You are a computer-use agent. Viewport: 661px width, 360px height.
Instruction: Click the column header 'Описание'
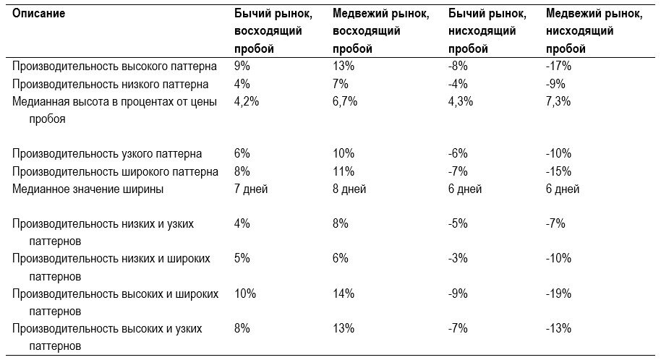[x=38, y=14]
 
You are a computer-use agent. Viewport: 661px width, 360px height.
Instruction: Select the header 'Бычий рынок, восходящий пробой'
[x=273, y=31]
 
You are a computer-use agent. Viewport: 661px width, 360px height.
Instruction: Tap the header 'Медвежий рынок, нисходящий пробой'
[x=594, y=31]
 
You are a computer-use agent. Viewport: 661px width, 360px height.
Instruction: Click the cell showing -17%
[x=558, y=67]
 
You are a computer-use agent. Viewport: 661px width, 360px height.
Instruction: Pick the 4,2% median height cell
[x=247, y=102]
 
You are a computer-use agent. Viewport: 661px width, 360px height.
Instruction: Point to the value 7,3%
[x=558, y=102]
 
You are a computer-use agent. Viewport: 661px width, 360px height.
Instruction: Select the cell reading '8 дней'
[x=349, y=189]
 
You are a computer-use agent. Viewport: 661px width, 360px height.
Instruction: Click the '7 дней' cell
[x=251, y=189]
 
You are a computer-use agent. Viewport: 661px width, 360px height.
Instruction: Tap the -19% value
[x=558, y=293]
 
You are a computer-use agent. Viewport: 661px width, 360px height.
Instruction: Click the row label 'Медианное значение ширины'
[x=88, y=189]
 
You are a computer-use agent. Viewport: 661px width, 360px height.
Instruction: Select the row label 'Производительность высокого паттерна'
[x=114, y=67]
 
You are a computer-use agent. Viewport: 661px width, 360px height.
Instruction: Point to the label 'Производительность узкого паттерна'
[x=106, y=154]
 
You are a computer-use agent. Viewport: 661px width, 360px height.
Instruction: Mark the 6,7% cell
[x=345, y=102]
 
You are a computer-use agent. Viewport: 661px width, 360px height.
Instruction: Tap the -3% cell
[x=458, y=258]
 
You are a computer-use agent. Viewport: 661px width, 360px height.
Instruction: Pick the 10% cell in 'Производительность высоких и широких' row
[x=245, y=293]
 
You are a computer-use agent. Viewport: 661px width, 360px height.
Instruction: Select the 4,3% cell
[x=461, y=102]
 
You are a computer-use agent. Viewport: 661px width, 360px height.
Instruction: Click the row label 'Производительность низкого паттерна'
[x=110, y=85]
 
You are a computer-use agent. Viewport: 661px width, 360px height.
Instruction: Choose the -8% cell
[x=458, y=67]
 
